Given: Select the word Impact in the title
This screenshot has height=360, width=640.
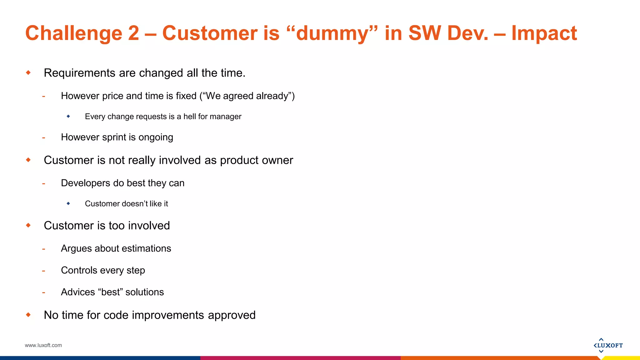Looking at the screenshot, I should (x=544, y=33).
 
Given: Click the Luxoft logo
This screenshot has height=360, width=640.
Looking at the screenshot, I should (x=608, y=345).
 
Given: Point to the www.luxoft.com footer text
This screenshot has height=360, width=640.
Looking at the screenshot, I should (x=43, y=345).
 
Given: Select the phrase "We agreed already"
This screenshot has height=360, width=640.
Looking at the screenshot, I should (x=247, y=96).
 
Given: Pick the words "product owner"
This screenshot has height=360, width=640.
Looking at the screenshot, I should (x=256, y=160).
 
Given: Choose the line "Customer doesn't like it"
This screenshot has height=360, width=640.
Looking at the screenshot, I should (x=126, y=204).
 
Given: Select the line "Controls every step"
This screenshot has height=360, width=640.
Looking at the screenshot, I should (x=103, y=270).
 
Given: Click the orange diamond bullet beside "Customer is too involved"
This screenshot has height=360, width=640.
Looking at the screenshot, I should (x=28, y=225).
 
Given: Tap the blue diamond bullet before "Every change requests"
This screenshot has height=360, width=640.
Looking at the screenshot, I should (x=68, y=116).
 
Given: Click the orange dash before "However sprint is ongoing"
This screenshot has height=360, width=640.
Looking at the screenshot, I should (x=44, y=138).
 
